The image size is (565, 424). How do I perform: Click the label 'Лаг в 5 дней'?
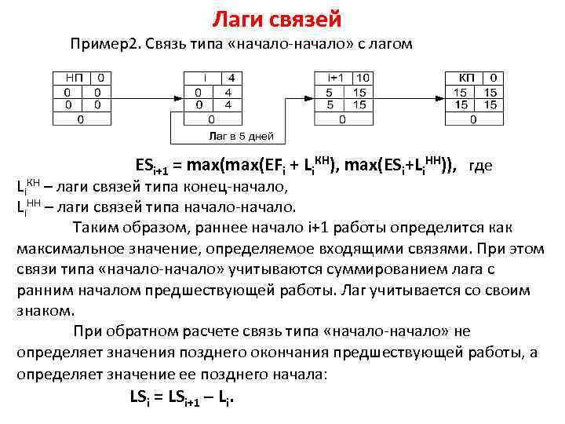240,136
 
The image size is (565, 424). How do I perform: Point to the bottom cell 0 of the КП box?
472,119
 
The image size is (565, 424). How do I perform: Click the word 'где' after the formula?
480,166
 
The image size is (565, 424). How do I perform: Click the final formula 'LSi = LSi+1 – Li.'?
182,397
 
